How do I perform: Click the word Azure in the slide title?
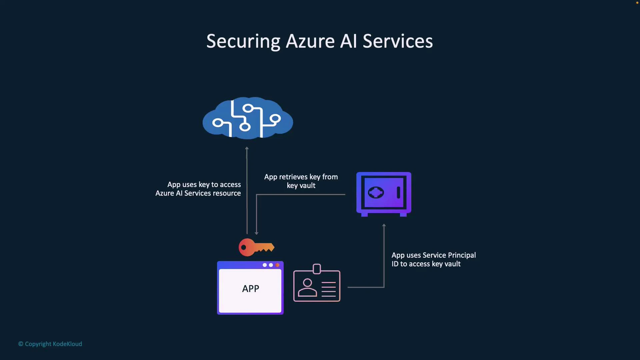pyautogui.click(x=310, y=41)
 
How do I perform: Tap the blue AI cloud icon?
pyautogui.click(x=248, y=118)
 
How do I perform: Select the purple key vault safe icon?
pyautogui.click(x=384, y=193)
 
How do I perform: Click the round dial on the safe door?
pyautogui.click(x=376, y=192)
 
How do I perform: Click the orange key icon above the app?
pyautogui.click(x=256, y=247)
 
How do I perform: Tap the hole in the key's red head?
pyautogui.click(x=244, y=247)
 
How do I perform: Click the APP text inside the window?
pyautogui.click(x=250, y=289)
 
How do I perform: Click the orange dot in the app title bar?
pyautogui.click(x=277, y=265)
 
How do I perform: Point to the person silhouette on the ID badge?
pyautogui.click(x=307, y=288)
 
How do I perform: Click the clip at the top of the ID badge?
pyautogui.click(x=317, y=269)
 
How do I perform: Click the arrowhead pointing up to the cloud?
pyautogui.click(x=247, y=148)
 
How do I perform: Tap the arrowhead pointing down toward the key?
pyautogui.click(x=256, y=233)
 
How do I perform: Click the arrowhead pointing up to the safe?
pyautogui.click(x=384, y=226)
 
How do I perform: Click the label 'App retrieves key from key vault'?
pyautogui.click(x=301, y=181)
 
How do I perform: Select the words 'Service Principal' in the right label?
pyautogui.click(x=449, y=255)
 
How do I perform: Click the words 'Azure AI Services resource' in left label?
pyautogui.click(x=198, y=193)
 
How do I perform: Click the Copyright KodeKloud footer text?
pyautogui.click(x=50, y=344)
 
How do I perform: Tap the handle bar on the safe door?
pyautogui.click(x=398, y=192)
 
